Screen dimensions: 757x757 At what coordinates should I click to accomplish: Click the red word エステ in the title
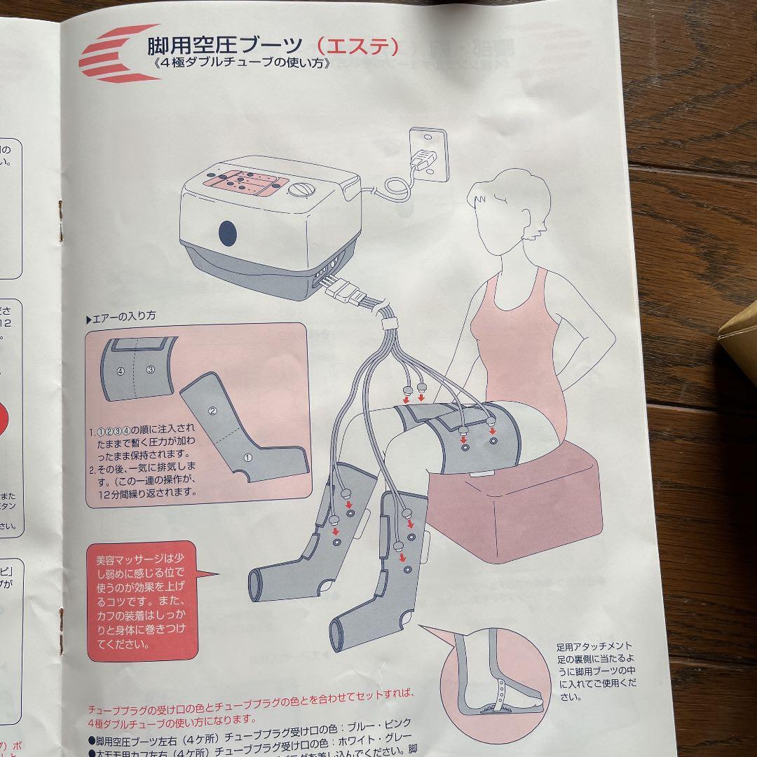point(358,46)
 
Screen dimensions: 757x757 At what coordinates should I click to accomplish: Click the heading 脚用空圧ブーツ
point(224,46)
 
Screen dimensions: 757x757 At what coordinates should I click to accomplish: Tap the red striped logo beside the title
point(116,53)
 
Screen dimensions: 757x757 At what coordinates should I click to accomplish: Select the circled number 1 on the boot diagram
point(247,456)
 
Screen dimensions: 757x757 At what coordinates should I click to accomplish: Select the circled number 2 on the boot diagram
point(212,411)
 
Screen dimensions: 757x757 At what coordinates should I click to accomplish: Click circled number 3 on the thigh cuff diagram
point(149,370)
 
